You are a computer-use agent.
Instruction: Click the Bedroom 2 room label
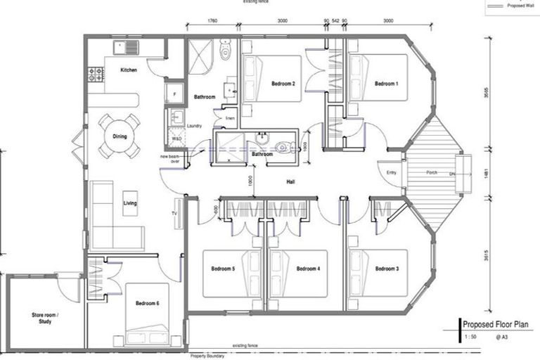(283, 84)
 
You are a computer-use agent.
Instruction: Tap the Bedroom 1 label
(386, 84)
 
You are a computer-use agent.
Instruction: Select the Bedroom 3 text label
(387, 269)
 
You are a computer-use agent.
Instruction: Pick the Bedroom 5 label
(223, 269)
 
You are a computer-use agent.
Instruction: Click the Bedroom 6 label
(147, 304)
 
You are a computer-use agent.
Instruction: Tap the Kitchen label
(128, 70)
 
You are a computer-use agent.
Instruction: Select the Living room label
(130, 204)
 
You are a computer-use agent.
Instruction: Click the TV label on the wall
(174, 212)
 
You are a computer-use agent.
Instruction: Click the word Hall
(290, 182)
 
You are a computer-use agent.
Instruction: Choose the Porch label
(433, 172)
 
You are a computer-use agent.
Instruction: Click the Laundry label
(195, 127)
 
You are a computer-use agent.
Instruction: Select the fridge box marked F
(173, 92)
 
